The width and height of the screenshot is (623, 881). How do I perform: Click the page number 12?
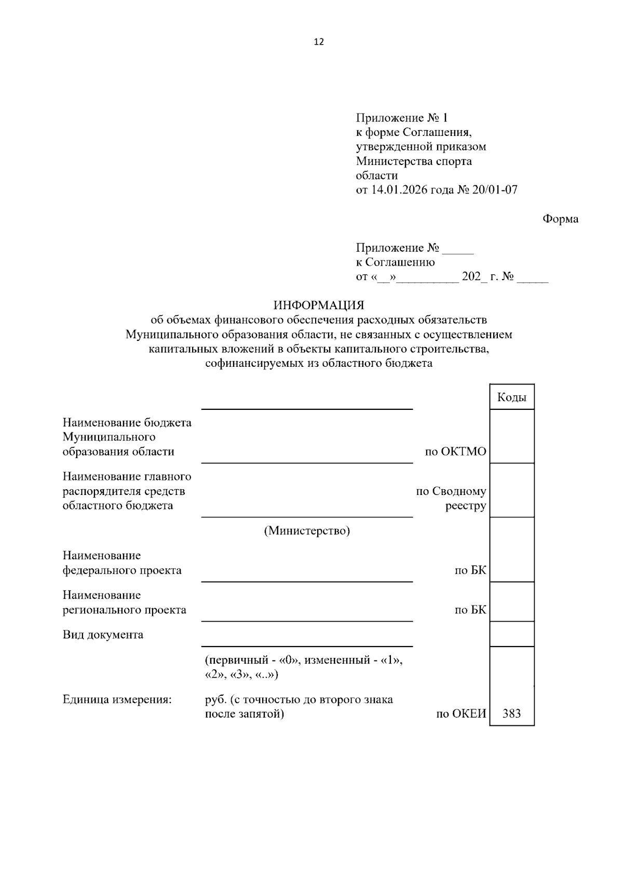pyautogui.click(x=319, y=42)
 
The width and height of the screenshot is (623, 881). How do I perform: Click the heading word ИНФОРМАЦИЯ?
pyautogui.click(x=319, y=305)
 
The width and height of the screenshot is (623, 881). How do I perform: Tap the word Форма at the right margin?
pyautogui.click(x=560, y=219)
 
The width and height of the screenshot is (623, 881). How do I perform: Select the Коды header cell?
pyautogui.click(x=511, y=397)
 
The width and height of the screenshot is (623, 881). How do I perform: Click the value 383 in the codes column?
pyautogui.click(x=511, y=713)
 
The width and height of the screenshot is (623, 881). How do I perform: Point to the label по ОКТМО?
pyautogui.click(x=455, y=451)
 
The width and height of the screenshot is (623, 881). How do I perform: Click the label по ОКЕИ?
pyautogui.click(x=461, y=714)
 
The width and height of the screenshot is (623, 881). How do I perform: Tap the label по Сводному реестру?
pyautogui.click(x=451, y=498)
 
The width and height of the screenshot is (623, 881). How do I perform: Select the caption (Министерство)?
pyautogui.click(x=307, y=531)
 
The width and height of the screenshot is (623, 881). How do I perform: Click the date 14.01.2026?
pyautogui.click(x=399, y=190)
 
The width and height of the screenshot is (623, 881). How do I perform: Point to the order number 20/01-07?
pyautogui.click(x=494, y=190)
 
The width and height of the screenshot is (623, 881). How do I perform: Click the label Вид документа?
pyautogui.click(x=103, y=635)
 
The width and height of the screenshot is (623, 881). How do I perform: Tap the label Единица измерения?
pyautogui.click(x=117, y=699)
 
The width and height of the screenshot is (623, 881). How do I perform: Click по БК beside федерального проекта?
pyautogui.click(x=470, y=570)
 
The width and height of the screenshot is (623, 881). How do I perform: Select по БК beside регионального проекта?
pyautogui.click(x=470, y=610)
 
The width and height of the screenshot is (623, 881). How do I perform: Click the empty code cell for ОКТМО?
pyautogui.click(x=511, y=436)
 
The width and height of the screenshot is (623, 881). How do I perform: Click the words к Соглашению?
pyautogui.click(x=395, y=263)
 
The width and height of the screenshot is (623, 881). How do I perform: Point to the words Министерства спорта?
pyautogui.click(x=414, y=161)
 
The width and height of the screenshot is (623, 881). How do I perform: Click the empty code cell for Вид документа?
pyautogui.click(x=511, y=634)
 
